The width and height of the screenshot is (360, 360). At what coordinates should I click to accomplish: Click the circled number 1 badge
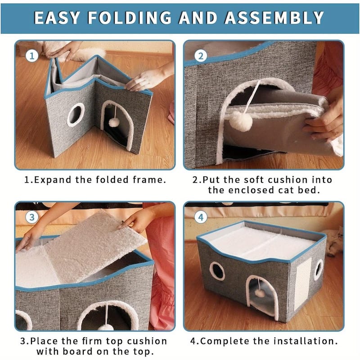click(31, 56)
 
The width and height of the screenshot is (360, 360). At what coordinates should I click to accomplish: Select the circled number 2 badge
click(201, 56)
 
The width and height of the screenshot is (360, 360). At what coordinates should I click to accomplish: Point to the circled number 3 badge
click(31, 217)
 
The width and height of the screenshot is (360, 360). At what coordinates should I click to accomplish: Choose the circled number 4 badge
click(201, 217)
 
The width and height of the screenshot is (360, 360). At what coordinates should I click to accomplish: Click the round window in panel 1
click(76, 115)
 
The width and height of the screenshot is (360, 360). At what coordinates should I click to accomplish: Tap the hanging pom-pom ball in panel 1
click(114, 122)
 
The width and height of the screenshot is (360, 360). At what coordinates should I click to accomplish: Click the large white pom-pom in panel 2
click(240, 121)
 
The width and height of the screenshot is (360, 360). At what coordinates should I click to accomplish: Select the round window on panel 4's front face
click(217, 271)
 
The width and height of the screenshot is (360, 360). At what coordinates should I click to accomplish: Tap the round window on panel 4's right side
click(319, 269)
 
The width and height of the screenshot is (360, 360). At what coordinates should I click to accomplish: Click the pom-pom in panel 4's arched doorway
click(260, 293)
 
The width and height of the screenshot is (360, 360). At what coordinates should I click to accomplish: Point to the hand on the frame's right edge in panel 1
click(142, 81)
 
